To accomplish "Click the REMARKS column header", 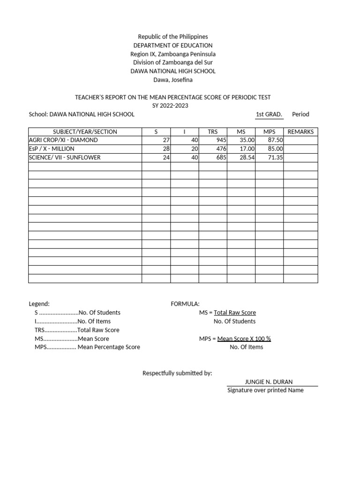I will click(300, 132).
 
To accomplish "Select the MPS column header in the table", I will click(269, 132).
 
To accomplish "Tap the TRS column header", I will click(213, 132).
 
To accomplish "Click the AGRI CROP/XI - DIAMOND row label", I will click(63, 140).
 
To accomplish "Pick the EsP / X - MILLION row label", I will click(52, 149).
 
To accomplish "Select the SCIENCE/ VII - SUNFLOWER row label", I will click(65, 157).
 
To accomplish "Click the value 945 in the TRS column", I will click(221, 140).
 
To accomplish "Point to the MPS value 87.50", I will click(275, 140).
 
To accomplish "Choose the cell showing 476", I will click(221, 149).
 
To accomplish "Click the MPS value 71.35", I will click(275, 157).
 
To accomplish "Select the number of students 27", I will click(166, 140).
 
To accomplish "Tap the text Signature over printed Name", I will click(265, 390).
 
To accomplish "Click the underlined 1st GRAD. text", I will click(269, 114).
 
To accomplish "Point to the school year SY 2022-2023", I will click(171, 105).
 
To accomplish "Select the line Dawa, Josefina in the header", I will click(172, 80).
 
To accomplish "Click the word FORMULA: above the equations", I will click(185, 304).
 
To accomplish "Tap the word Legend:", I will click(39, 304).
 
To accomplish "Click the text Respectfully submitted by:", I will click(177, 373).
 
